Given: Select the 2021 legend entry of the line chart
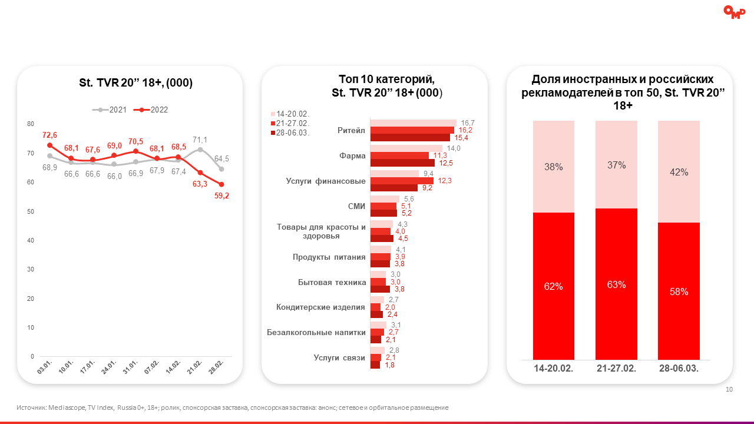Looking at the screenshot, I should pyautogui.click(x=114, y=110).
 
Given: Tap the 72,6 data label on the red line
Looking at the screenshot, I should pyautogui.click(x=49, y=135).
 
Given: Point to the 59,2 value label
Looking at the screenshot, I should pyautogui.click(x=222, y=196).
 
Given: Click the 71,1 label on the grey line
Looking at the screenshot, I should pyautogui.click(x=200, y=140).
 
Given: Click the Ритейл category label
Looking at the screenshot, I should pyautogui.click(x=352, y=130).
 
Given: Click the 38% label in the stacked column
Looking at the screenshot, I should pyautogui.click(x=554, y=167).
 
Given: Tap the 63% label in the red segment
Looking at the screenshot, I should pyautogui.click(x=616, y=284).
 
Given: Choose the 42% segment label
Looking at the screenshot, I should pyautogui.click(x=679, y=172).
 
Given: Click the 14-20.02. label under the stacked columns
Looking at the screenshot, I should pyautogui.click(x=554, y=369).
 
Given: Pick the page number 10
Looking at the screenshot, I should pyautogui.click(x=729, y=389).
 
